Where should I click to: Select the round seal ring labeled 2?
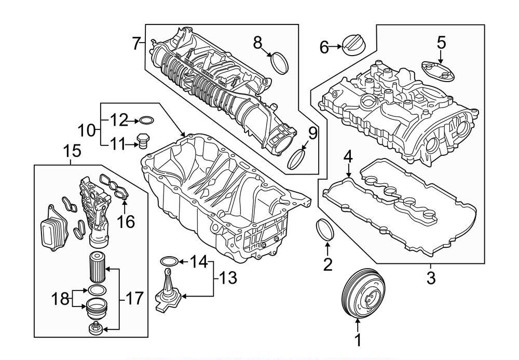point(325,231)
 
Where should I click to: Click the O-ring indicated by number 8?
point(281,62)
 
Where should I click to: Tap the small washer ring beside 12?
point(147,121)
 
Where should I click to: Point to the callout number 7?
point(136,44)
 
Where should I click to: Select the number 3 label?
point(431,278)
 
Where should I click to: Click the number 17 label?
point(133,299)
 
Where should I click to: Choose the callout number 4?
point(348,156)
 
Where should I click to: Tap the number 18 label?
point(61,299)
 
